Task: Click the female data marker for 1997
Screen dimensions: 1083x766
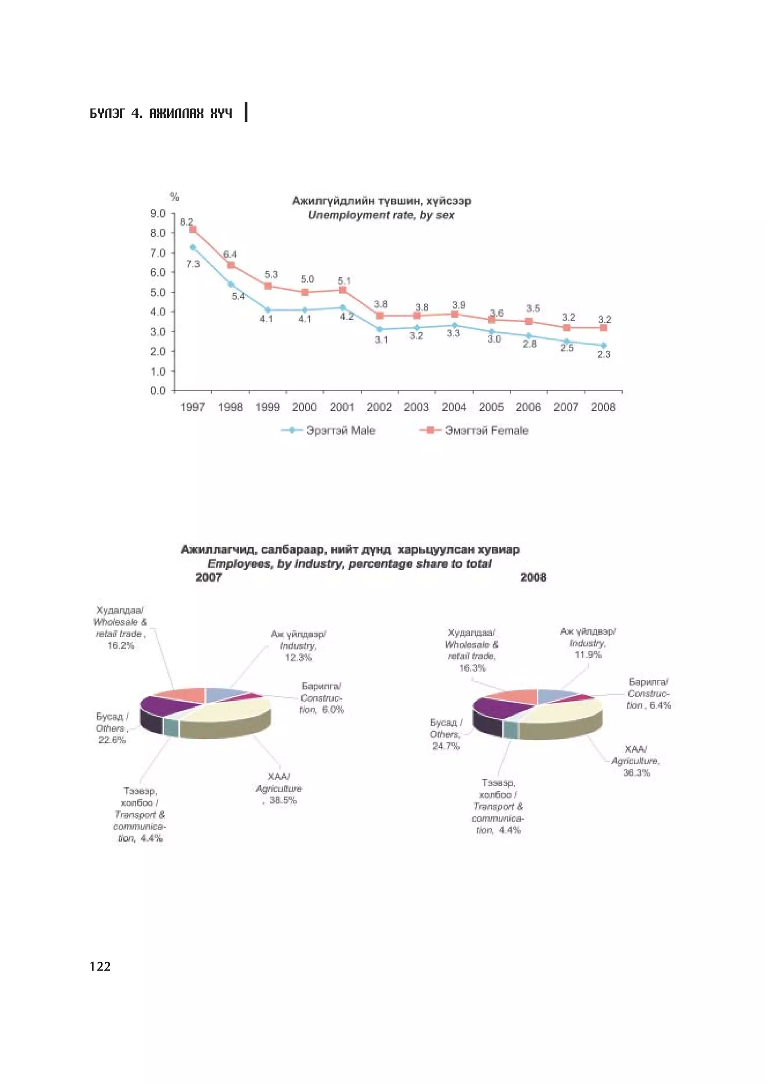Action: (x=193, y=229)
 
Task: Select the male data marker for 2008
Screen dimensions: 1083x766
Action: (x=603, y=345)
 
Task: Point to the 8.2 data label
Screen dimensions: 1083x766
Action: (x=186, y=222)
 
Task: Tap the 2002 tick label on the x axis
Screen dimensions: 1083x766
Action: (x=379, y=407)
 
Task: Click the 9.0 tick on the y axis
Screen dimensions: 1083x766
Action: (x=158, y=214)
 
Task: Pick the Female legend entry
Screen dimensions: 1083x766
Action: (x=474, y=430)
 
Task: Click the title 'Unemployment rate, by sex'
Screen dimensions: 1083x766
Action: (x=381, y=216)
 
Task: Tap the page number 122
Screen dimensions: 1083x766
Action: (x=100, y=966)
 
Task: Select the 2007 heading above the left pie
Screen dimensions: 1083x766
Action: (x=209, y=577)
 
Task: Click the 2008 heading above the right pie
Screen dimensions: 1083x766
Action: (x=533, y=577)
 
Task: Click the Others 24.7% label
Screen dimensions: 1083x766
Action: (x=445, y=734)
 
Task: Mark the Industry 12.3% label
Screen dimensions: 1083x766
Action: (x=298, y=646)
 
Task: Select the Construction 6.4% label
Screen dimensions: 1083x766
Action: (x=649, y=693)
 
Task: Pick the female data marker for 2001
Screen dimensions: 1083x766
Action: (x=343, y=290)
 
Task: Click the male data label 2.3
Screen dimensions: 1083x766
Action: (x=604, y=354)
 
